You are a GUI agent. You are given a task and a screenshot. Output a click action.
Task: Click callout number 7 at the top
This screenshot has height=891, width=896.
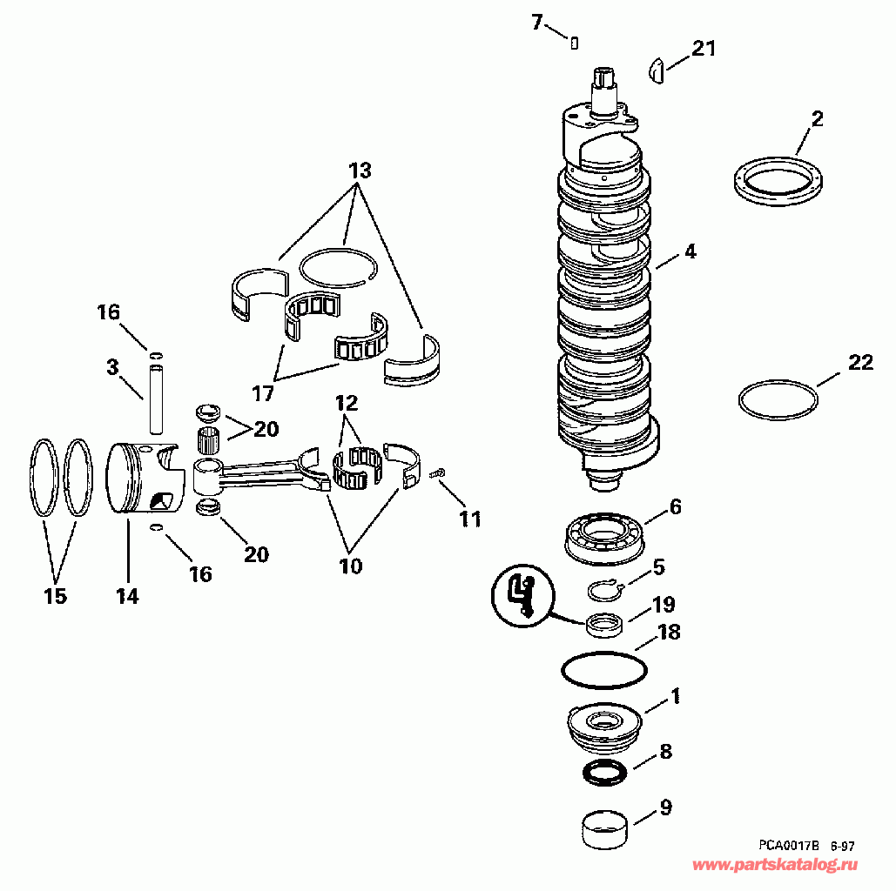[x=536, y=22]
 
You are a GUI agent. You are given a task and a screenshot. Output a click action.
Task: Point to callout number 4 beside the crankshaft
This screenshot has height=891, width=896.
[x=690, y=252]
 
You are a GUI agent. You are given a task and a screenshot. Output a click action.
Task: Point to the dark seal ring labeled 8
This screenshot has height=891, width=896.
[x=603, y=771]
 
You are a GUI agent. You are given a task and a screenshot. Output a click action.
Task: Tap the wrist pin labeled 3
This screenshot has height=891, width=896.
[x=157, y=400]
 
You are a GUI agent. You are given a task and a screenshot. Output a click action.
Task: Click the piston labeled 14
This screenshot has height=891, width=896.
[x=144, y=481]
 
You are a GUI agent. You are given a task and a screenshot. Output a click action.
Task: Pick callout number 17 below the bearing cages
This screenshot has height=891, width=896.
[x=263, y=393]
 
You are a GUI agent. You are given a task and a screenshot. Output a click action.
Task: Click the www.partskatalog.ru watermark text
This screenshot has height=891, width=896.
[x=776, y=866]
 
